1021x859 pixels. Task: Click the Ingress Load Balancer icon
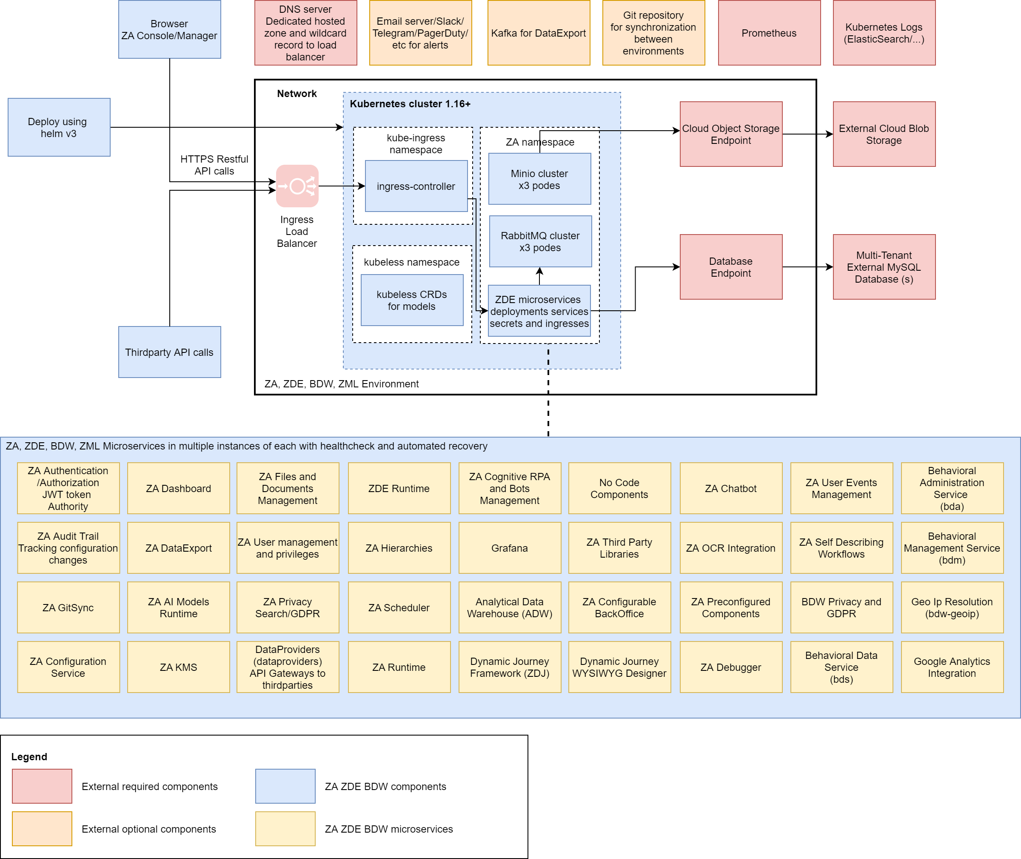click(297, 186)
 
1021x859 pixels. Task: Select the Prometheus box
click(769, 33)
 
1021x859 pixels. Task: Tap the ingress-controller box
click(416, 186)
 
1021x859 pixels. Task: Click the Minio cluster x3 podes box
click(539, 179)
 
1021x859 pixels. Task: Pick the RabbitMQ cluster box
click(540, 241)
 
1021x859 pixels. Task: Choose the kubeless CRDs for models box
click(412, 300)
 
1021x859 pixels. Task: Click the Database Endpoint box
click(730, 267)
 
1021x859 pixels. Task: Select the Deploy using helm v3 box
click(59, 127)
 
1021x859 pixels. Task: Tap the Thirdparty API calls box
click(169, 352)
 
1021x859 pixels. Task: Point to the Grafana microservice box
click(510, 548)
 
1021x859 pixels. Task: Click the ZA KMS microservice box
click(179, 667)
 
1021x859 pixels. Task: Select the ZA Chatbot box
click(730, 488)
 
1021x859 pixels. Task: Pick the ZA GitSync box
click(68, 608)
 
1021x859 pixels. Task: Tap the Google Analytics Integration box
click(952, 667)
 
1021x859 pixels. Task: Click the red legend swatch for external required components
click(42, 786)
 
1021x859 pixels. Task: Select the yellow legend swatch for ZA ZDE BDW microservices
click(285, 829)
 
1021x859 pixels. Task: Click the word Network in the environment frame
click(297, 94)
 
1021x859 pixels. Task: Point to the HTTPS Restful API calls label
click(214, 165)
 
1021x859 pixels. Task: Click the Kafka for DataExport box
click(539, 33)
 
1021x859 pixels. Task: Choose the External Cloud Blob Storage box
click(884, 135)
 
